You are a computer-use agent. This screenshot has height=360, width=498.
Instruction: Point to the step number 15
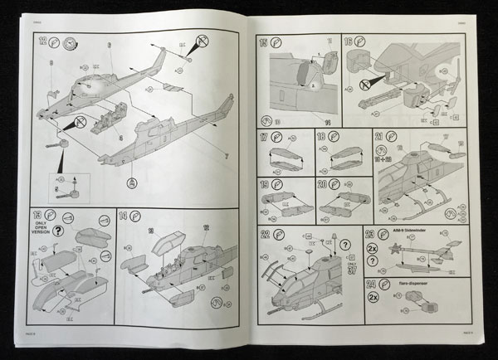point(264,41)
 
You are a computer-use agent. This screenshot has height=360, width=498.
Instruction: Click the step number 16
point(348,41)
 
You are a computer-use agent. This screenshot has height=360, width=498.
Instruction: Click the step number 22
point(264,233)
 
